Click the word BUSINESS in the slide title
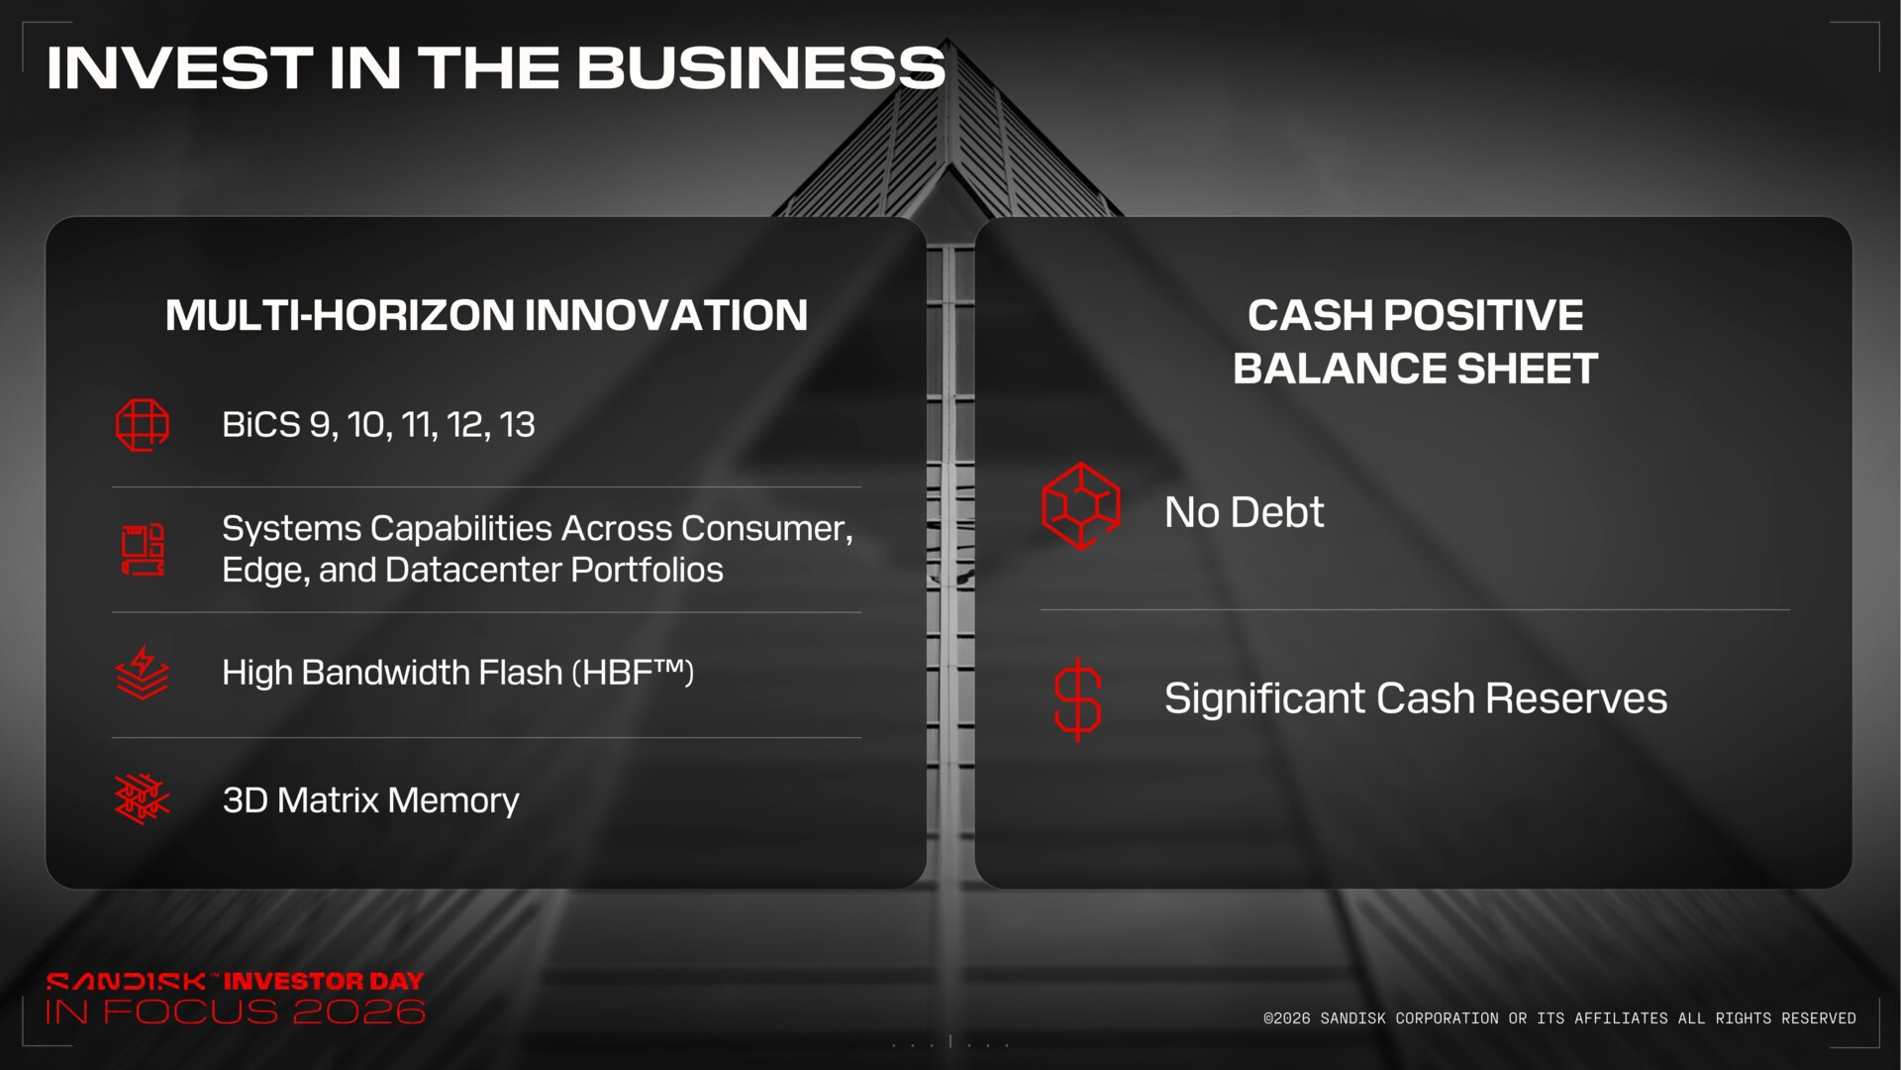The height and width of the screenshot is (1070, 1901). (760, 67)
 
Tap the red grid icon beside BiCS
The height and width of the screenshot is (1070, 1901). (143, 425)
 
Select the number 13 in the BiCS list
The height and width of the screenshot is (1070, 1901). (517, 425)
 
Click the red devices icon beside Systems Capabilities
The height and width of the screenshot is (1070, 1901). (143, 549)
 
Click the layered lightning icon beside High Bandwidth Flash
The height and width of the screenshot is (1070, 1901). (143, 673)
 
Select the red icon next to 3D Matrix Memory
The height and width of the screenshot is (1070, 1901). (143, 800)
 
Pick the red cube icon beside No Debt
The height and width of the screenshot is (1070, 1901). (1080, 505)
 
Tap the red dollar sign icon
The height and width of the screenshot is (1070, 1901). (1077, 699)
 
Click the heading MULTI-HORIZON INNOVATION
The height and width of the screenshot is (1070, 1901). (486, 315)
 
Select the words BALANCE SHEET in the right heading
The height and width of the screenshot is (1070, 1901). (1415, 369)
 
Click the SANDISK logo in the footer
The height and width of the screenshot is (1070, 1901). (126, 981)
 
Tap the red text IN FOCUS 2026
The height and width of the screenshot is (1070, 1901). (236, 1012)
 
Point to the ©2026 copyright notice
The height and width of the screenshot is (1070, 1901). (1559, 1018)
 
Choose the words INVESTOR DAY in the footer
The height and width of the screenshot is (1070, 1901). (324, 981)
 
